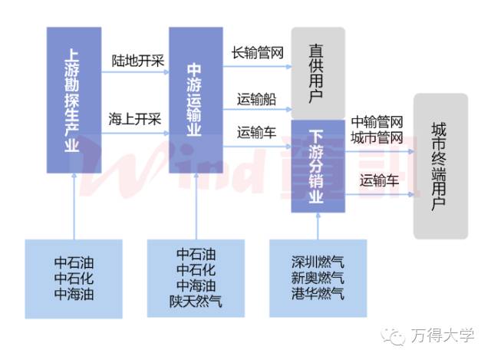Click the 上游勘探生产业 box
click(x=74, y=100)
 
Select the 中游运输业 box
click(x=195, y=100)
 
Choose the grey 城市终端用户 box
click(x=440, y=166)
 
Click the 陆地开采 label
click(x=138, y=60)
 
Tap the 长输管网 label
click(x=259, y=53)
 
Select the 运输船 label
click(x=256, y=99)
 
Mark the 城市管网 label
click(x=377, y=138)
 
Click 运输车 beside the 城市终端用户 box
click(x=380, y=181)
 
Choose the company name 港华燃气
click(x=318, y=294)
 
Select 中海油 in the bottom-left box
click(x=74, y=294)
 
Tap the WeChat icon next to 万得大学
click(x=396, y=335)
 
